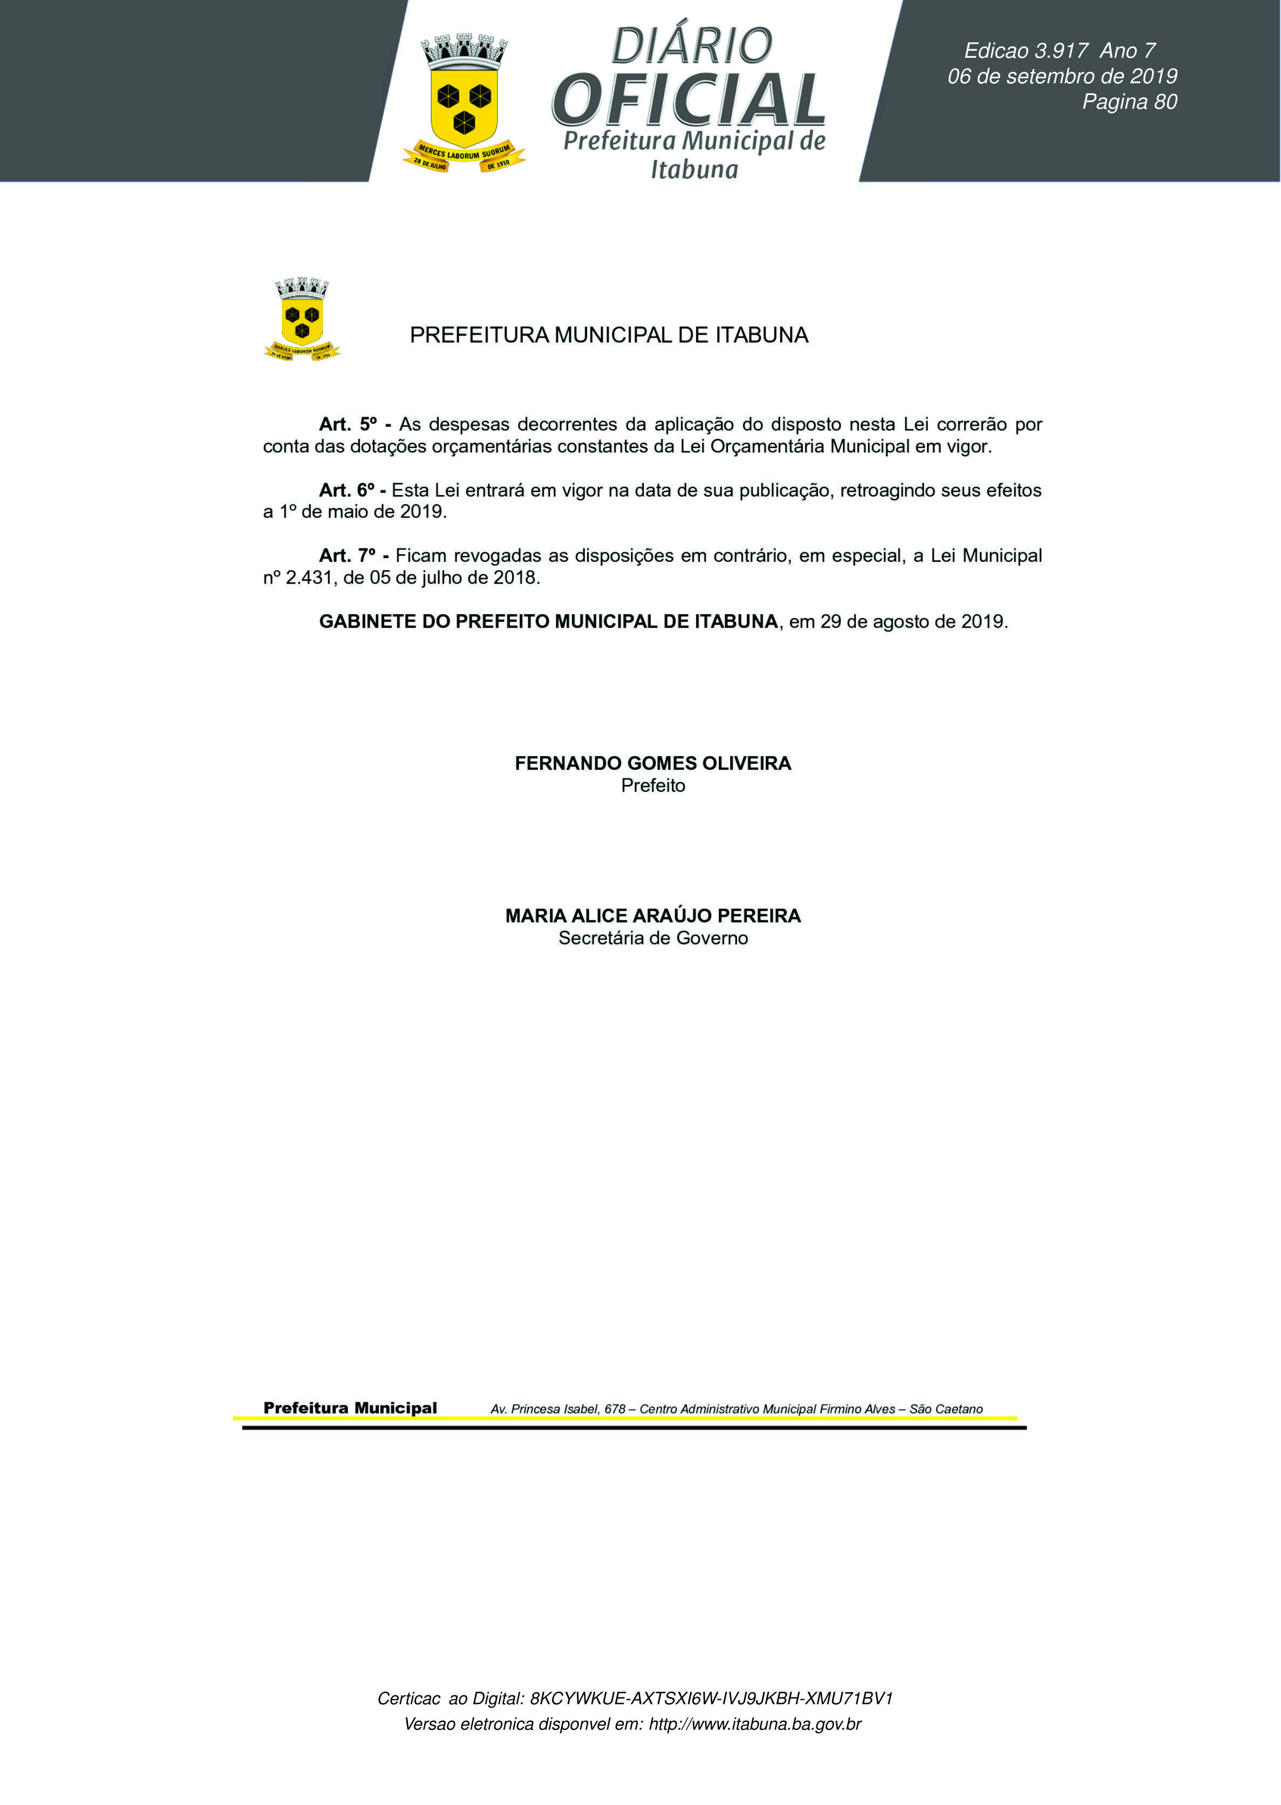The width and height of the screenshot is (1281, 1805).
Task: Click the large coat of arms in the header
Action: coord(464,103)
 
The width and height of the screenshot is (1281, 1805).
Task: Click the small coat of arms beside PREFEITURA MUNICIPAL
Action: coord(302,320)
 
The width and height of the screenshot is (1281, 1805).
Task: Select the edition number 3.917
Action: coord(1061,51)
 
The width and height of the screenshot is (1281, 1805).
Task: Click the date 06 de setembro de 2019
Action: coord(1062,77)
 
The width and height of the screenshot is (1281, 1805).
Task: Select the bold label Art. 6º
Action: coord(346,490)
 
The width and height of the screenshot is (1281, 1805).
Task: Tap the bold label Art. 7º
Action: coord(347,555)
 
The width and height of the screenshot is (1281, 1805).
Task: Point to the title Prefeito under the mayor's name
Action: coord(652,786)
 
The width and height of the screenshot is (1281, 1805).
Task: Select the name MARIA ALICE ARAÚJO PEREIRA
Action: coord(652,916)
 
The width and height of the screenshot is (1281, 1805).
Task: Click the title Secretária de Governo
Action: coord(652,938)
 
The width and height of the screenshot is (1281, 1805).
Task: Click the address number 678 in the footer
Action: coord(615,1409)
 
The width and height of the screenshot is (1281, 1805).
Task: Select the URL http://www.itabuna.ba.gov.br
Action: coord(754,1723)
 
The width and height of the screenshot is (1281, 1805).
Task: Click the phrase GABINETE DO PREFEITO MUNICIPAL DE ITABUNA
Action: coord(548,622)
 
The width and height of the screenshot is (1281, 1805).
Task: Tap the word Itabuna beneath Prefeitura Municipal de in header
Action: coord(694,169)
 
